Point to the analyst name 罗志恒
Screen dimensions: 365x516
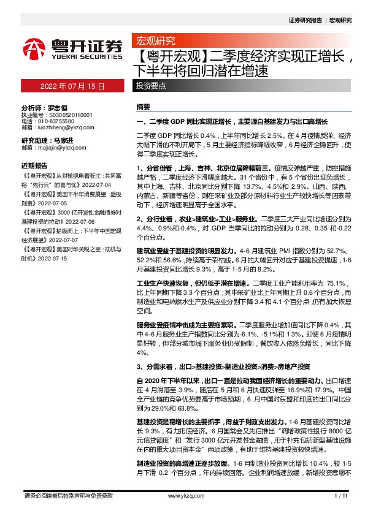click(57, 106)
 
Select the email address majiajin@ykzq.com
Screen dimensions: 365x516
click(60, 148)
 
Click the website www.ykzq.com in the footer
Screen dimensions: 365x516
click(182, 495)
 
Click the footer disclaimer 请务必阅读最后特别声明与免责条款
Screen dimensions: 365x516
click(67, 495)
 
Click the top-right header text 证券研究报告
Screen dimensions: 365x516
click(305, 20)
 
